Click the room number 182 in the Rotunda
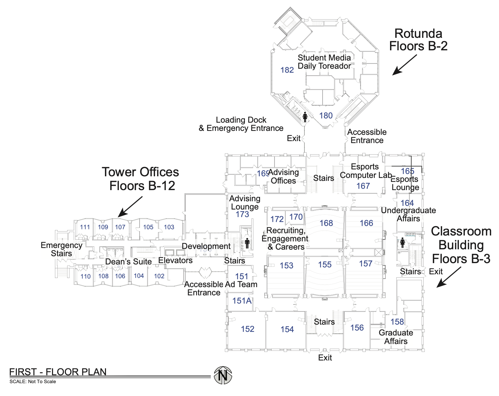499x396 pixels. click(287, 70)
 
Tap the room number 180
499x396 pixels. click(326, 115)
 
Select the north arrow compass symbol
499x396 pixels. click(223, 375)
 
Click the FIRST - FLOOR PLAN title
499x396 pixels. click(58, 372)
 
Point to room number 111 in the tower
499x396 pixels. click(85, 227)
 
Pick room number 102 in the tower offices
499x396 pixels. click(159, 276)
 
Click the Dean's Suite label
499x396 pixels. click(128, 262)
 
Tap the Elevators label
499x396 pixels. click(175, 260)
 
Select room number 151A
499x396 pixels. click(242, 301)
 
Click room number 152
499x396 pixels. click(248, 329)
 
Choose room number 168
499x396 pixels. click(326, 223)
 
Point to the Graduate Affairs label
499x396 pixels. click(396, 337)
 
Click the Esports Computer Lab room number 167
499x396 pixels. click(363, 186)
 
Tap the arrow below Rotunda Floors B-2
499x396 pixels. click(404, 65)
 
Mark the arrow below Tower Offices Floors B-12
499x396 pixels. click(130, 207)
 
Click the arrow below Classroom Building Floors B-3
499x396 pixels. click(449, 277)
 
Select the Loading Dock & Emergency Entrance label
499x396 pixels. click(241, 124)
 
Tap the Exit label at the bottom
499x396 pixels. click(325, 358)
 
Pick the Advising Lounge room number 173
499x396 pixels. click(242, 214)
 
